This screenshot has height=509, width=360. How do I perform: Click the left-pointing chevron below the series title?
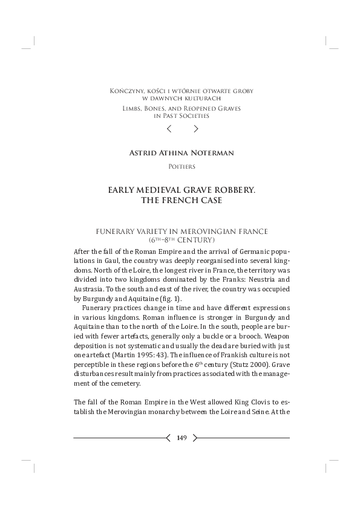point(169,128)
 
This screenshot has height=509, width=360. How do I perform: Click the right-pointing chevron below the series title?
point(195,128)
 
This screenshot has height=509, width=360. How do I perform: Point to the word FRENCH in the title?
point(180,200)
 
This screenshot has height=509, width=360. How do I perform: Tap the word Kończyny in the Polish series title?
point(123,91)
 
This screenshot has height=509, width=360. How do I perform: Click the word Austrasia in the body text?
point(88,290)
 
